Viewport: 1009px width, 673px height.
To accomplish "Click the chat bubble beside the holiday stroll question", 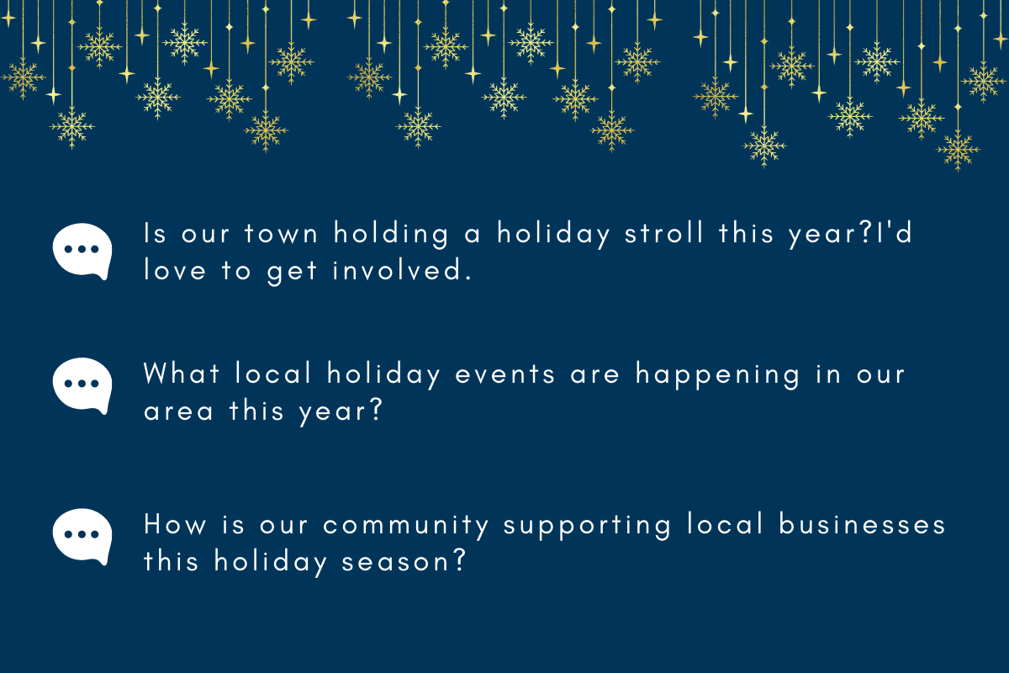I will (82, 251).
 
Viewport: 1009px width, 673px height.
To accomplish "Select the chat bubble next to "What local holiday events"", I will (82, 385).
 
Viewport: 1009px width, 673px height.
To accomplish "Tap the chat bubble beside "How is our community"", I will (82, 536).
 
